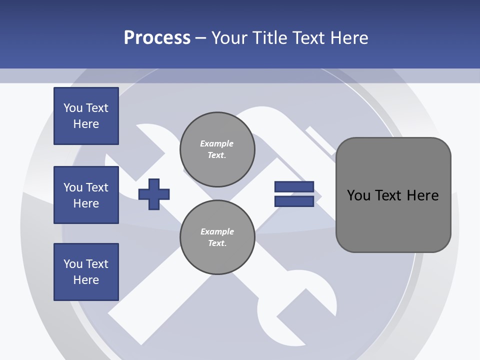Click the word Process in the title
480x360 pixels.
coord(157,38)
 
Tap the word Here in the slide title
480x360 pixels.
coord(349,38)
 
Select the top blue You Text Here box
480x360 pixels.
coord(86,116)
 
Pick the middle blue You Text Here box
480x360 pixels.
coord(86,195)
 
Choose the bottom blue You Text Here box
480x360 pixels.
coord(86,272)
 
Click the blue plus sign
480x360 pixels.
coord(154,194)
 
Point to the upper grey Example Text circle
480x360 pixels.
coord(217,149)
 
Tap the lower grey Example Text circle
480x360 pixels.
coord(217,237)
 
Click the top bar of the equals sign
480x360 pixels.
coord(294,186)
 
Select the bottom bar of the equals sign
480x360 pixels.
coord(294,201)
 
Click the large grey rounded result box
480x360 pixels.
coord(393,195)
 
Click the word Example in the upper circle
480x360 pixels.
coord(216,144)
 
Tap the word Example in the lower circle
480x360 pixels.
coord(217,232)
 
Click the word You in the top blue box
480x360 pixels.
coord(72,108)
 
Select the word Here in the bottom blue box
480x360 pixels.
coord(86,280)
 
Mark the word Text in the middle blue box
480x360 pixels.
coord(96,187)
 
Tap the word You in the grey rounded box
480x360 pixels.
coord(358,195)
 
